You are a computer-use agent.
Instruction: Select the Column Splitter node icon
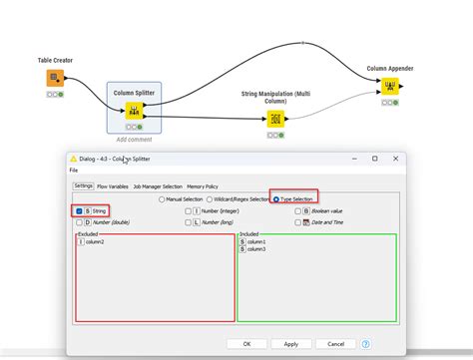(134, 111)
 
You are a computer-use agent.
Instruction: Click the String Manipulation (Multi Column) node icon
(275, 120)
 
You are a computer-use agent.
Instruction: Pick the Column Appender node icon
(390, 87)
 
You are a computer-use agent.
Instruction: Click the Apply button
(290, 344)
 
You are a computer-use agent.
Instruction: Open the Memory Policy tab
(203, 185)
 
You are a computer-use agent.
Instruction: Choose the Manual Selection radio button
(163, 198)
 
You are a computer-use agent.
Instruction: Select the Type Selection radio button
(276, 198)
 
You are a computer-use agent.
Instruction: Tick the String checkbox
(79, 210)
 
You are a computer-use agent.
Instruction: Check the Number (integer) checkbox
(188, 210)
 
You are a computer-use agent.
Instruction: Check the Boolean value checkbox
(296, 210)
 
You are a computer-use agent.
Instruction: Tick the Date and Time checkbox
(296, 222)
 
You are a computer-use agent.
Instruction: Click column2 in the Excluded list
(95, 241)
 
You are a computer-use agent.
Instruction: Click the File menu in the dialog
(74, 171)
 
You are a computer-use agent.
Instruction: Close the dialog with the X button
(395, 159)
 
